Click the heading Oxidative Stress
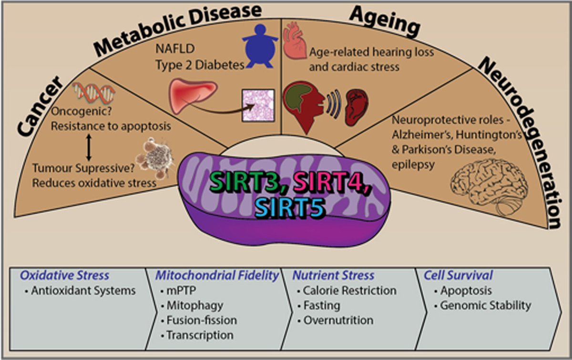(x=64, y=275)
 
